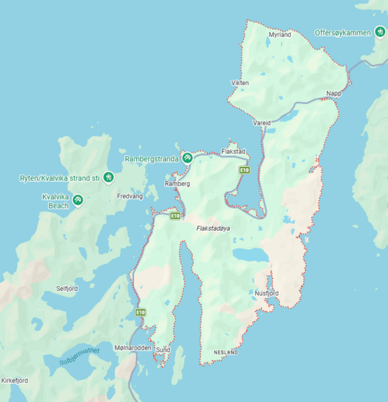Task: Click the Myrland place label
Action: (x=279, y=34)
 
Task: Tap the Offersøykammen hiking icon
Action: (x=380, y=32)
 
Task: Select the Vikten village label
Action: (x=240, y=83)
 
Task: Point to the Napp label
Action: (x=334, y=93)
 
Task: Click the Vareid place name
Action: (x=262, y=123)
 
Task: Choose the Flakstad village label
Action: (x=233, y=151)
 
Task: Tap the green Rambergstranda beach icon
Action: (x=188, y=158)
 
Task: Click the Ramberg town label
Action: (x=178, y=183)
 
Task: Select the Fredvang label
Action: (x=130, y=196)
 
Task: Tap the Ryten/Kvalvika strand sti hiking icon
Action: (x=109, y=178)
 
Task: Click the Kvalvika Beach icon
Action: (x=78, y=199)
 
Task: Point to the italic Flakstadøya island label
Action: (x=213, y=228)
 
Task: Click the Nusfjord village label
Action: (x=267, y=293)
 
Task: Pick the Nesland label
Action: (x=226, y=352)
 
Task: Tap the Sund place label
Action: (x=163, y=350)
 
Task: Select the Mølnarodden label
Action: (x=128, y=348)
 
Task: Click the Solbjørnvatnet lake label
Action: (x=79, y=355)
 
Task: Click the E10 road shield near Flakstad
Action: (x=245, y=171)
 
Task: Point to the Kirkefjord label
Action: (x=15, y=381)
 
